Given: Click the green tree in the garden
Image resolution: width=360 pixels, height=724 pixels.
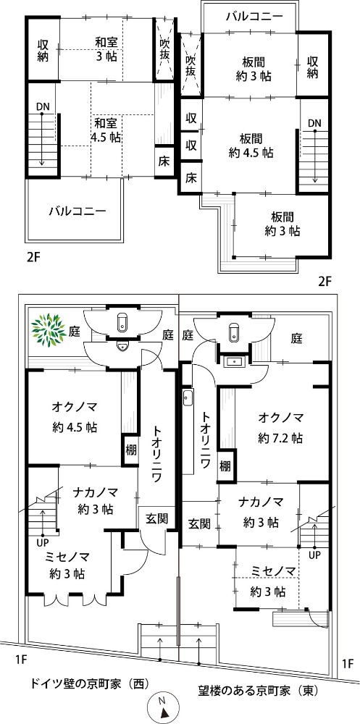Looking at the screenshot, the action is pyautogui.click(x=48, y=329).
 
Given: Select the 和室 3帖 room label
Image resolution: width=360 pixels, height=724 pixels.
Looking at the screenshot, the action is pyautogui.click(x=106, y=49).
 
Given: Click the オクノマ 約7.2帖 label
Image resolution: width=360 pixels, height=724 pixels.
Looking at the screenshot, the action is pyautogui.click(x=280, y=428).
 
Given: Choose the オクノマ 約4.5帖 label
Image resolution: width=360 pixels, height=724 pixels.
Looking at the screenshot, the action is pyautogui.click(x=75, y=417).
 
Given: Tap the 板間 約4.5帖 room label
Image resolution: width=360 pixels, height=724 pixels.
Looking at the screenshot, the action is pyautogui.click(x=251, y=146).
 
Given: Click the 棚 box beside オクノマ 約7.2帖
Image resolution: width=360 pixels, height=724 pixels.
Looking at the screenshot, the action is pyautogui.click(x=225, y=466).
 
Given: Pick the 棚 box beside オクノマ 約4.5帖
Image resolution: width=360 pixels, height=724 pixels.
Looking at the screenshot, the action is pyautogui.click(x=131, y=450).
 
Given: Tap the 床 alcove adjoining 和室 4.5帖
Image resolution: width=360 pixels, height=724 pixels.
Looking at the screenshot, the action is pyautogui.click(x=164, y=161).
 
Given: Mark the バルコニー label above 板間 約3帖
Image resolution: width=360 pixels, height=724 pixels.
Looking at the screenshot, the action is pyautogui.click(x=254, y=17).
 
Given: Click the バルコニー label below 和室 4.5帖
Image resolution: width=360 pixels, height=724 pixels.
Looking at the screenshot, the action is pyautogui.click(x=78, y=212).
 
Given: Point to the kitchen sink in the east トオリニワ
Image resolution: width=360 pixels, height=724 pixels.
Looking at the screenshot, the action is pyautogui.click(x=188, y=398).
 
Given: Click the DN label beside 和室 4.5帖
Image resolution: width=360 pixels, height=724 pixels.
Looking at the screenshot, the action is pyautogui.click(x=43, y=107).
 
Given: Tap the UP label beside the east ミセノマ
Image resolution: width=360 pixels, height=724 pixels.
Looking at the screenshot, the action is pyautogui.click(x=314, y=554).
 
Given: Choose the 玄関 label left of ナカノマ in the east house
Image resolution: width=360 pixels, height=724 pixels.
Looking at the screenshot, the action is pyautogui.click(x=200, y=523).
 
